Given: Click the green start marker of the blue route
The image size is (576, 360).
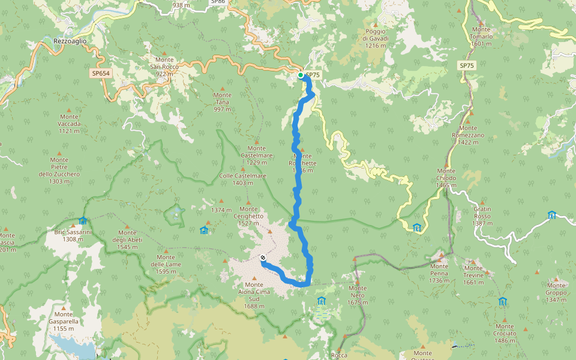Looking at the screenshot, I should pyautogui.click(x=301, y=75).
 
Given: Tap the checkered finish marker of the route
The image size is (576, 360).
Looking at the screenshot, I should pyautogui.click(x=263, y=258).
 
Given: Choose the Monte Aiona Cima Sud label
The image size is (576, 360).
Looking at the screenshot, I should pyautogui.click(x=254, y=295).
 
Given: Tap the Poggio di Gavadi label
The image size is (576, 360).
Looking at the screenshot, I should pyautogui.click(x=376, y=38).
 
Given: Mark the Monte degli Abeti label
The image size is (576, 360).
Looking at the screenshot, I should pyautogui.click(x=127, y=239).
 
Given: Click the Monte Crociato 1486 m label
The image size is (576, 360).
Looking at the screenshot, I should pyautogui.click(x=505, y=334).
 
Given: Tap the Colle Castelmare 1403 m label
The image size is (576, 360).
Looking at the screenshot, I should pyautogui.click(x=242, y=179).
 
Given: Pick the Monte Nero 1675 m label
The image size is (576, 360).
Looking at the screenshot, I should pyautogui.click(x=358, y=295).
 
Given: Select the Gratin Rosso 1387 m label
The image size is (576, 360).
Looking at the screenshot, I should pyautogui.click(x=482, y=216).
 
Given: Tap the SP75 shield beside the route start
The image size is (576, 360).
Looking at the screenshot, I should pyautogui.click(x=313, y=75).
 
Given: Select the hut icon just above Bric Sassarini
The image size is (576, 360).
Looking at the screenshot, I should pyautogui.click(x=82, y=220).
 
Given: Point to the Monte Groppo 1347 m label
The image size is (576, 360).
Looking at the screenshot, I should pyautogui.click(x=556, y=292).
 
